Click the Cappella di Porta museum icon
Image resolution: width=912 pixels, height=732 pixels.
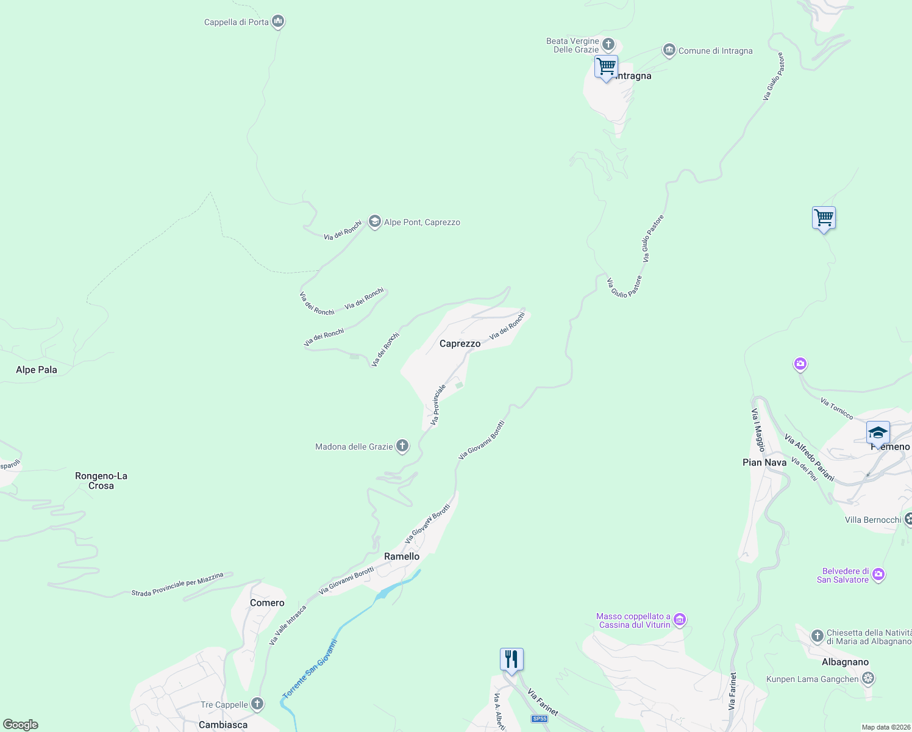click(x=278, y=22)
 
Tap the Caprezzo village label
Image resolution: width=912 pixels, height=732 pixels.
click(x=460, y=343)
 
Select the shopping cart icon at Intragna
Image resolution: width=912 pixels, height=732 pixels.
click(x=606, y=66)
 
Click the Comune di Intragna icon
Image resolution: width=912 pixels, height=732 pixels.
click(x=669, y=51)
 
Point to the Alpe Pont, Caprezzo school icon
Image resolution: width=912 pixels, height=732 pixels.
click(x=375, y=222)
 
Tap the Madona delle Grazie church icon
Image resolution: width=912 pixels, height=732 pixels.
click(x=402, y=447)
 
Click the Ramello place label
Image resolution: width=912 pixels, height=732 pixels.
click(x=402, y=556)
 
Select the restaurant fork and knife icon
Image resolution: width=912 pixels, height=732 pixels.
click(x=511, y=659)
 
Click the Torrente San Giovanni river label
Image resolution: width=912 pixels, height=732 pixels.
click(x=309, y=669)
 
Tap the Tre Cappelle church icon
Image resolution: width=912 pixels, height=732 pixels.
click(x=257, y=705)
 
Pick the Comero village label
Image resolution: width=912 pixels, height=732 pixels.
click(x=267, y=603)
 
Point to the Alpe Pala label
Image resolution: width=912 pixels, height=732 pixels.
click(x=37, y=370)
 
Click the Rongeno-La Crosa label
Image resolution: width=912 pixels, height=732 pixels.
click(x=101, y=481)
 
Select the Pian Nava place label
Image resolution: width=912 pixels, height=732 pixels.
click(x=764, y=462)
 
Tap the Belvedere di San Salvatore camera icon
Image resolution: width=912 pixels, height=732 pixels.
click(x=878, y=575)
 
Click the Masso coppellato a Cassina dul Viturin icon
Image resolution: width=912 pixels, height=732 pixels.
click(x=680, y=620)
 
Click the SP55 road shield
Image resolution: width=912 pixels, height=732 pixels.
click(x=540, y=719)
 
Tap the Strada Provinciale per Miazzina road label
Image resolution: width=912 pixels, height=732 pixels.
click(x=177, y=584)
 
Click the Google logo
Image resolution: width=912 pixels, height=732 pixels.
click(x=21, y=725)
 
